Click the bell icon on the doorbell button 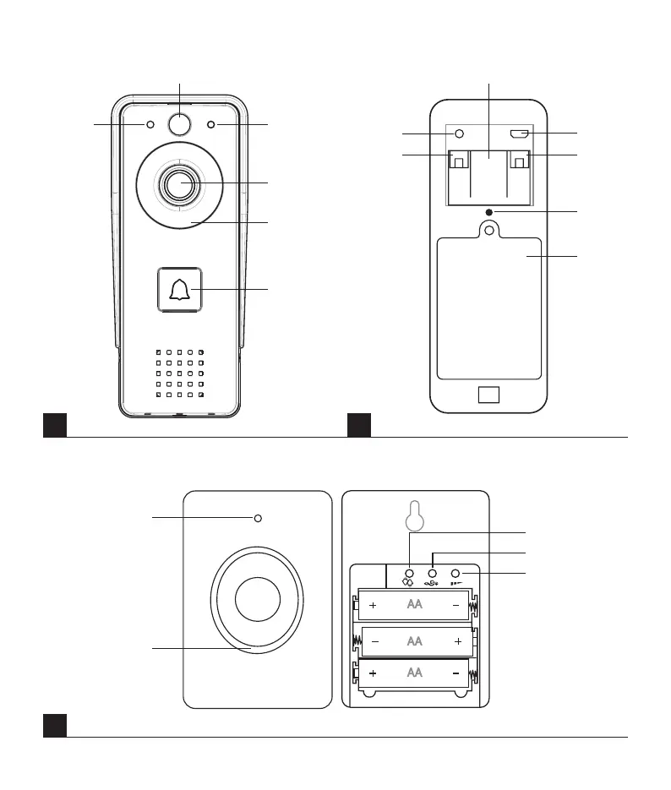tap(179, 291)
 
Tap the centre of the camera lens tap(179, 184)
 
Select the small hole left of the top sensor tap(150, 125)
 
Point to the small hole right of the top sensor tap(210, 125)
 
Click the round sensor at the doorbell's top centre tap(179, 124)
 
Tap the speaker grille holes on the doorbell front tap(180, 373)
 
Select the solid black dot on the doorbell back tap(488, 211)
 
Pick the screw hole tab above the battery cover tap(488, 229)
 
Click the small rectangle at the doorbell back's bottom tap(488, 395)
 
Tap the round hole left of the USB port tap(459, 133)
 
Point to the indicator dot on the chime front tap(258, 518)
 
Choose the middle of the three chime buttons tap(434, 573)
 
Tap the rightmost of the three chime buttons tap(457, 573)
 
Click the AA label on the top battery tap(414, 606)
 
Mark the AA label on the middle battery tap(414, 641)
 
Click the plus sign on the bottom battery tap(373, 673)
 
